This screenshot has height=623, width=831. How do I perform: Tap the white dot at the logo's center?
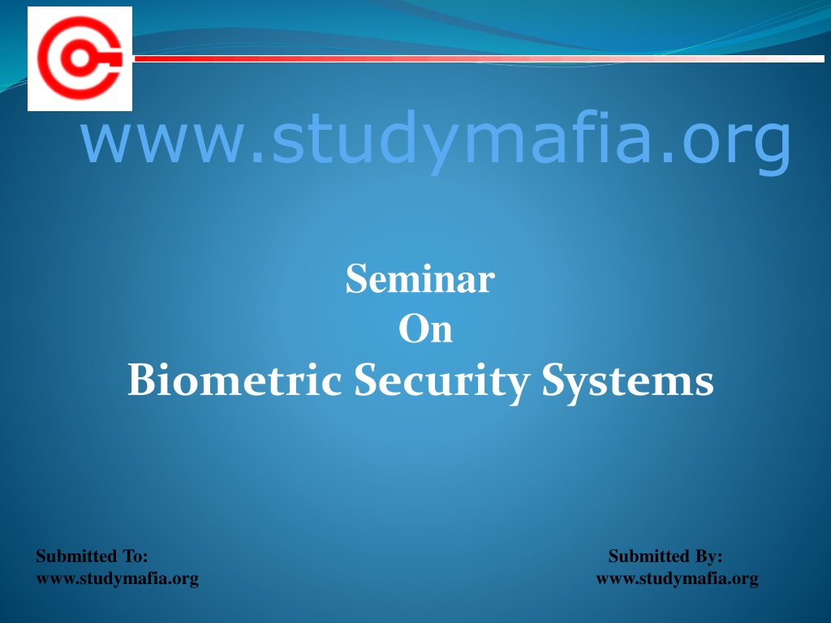pos(80,58)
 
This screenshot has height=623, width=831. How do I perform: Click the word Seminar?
pos(420,279)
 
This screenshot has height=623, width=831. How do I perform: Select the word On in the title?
pos(425,329)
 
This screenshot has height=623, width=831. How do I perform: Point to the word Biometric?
pos(235,380)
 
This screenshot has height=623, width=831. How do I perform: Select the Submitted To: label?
pos(92,556)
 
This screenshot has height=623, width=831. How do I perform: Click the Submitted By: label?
pos(665,556)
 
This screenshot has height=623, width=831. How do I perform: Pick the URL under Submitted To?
pos(117,579)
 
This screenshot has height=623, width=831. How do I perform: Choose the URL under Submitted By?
pos(678,579)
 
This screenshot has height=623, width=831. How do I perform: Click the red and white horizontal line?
pos(479,58)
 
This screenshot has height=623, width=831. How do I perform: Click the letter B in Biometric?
pos(139,380)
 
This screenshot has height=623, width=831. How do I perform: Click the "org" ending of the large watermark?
pos(737,146)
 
